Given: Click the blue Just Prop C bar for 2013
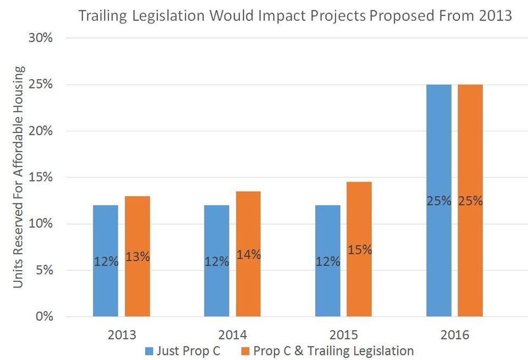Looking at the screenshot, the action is [106, 261].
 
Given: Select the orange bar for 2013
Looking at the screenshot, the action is [137, 256].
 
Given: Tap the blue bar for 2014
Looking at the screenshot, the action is [217, 261].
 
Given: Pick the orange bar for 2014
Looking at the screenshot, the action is [248, 254].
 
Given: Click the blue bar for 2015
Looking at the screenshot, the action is [328, 261].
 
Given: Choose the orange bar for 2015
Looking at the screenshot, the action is [359, 250].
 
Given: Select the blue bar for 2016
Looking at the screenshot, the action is [439, 201].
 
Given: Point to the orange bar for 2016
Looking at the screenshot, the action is [470, 201].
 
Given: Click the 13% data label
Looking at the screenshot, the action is [137, 257].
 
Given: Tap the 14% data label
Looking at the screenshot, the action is [249, 254].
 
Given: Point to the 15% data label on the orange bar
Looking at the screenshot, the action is [360, 250].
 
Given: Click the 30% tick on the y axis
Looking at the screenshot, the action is [41, 38].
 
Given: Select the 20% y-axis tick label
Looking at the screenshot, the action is [41, 131].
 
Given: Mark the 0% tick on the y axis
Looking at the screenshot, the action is [45, 316].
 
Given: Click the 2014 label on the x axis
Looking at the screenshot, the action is [233, 335].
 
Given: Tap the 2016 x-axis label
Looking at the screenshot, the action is [455, 335].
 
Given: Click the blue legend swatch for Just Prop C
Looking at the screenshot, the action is [149, 351].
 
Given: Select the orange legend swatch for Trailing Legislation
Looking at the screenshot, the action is [245, 351].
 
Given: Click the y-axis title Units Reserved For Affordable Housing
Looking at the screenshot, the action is [18, 177].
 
